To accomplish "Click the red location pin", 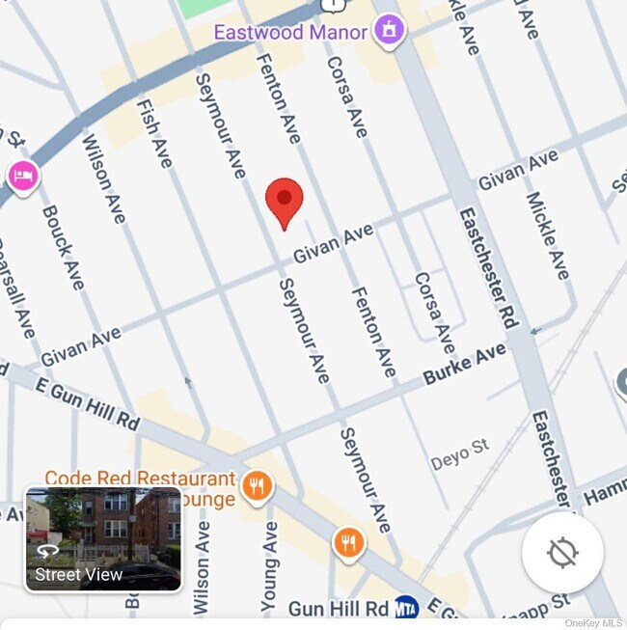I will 285,201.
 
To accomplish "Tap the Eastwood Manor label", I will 290,32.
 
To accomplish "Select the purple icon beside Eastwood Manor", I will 390,30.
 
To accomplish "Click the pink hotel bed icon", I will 22,176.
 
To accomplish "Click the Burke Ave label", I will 465,365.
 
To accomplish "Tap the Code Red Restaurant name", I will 140,478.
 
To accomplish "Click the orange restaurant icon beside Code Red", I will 257,486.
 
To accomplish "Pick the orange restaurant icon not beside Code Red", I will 349,543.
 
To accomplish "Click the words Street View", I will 79,575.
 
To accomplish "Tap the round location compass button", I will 562,553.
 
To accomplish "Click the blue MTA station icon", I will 406,608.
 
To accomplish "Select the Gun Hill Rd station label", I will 339,609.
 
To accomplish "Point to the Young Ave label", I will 271,564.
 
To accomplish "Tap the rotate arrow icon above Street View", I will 48,551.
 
